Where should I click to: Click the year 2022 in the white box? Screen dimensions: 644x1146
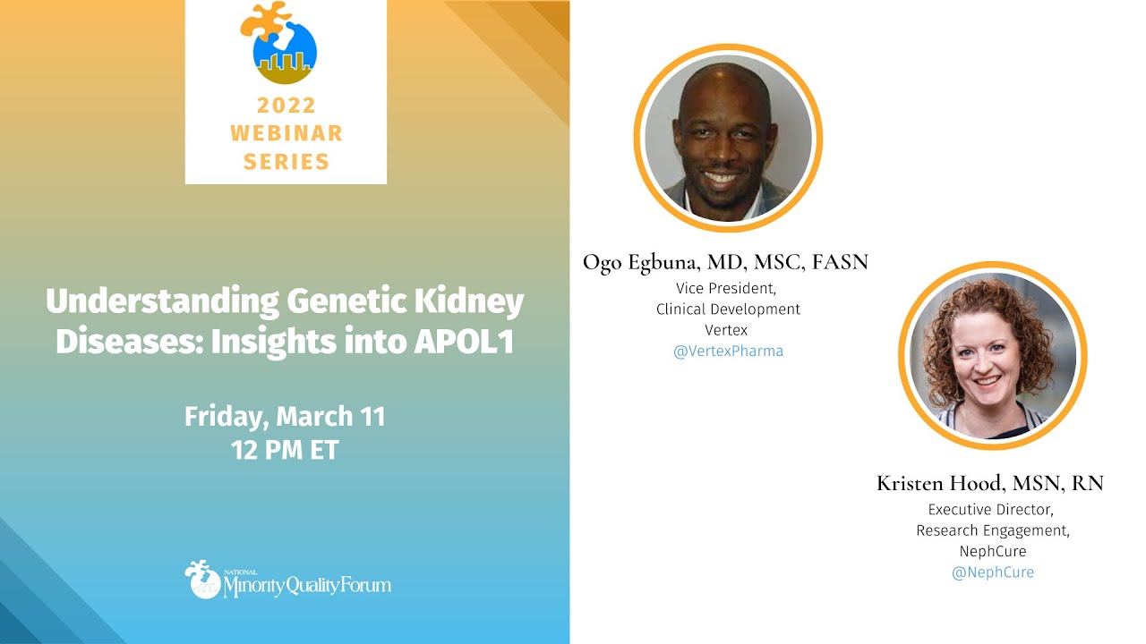tap(286, 106)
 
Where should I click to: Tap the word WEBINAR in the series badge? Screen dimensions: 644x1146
tap(286, 133)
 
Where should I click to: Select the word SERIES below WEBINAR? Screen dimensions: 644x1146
tap(286, 161)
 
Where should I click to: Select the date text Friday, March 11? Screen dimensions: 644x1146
tap(285, 417)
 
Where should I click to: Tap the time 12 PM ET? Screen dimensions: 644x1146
tap(285, 450)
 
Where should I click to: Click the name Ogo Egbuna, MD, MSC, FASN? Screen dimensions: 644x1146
tap(725, 262)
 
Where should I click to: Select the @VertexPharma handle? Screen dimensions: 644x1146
tap(728, 351)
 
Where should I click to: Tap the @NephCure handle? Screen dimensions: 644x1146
tap(992, 572)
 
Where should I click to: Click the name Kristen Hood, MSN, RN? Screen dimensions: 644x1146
tap(990, 484)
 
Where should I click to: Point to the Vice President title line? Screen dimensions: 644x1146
tap(728, 288)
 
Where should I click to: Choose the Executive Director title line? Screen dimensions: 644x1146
tap(992, 510)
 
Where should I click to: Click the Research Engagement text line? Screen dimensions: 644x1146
tap(992, 530)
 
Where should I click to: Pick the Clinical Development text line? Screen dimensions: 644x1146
tap(728, 309)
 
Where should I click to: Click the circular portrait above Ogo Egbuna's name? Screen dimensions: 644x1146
tap(727, 138)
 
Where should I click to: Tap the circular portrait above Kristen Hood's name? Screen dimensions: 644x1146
tap(991, 356)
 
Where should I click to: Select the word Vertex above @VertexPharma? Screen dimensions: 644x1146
tap(728, 329)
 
